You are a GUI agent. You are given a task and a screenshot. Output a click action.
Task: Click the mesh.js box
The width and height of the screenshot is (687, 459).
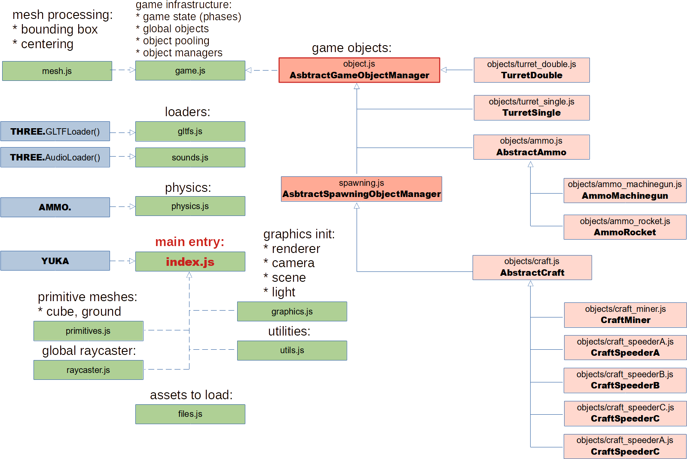click(57, 71)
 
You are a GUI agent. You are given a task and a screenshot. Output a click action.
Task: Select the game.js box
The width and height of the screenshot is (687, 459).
click(190, 71)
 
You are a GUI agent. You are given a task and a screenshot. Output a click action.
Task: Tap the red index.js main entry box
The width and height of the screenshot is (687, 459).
click(190, 262)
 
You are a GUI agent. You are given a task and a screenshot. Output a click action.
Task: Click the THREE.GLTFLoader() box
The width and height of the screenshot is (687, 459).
click(55, 131)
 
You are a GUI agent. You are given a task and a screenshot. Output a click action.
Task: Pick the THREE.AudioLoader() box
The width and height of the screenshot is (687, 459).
click(55, 157)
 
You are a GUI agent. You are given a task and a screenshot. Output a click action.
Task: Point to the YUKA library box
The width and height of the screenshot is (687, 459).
click(55, 261)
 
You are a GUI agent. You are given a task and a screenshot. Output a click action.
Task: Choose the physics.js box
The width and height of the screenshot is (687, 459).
click(190, 206)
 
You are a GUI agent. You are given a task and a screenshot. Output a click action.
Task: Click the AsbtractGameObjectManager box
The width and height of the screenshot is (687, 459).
click(359, 70)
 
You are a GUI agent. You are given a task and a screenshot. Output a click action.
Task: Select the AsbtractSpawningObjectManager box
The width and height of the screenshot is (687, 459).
click(361, 189)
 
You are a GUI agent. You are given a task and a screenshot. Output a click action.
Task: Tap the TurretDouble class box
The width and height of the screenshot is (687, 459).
click(531, 70)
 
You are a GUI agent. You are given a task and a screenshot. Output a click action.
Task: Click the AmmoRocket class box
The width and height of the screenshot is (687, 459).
click(625, 227)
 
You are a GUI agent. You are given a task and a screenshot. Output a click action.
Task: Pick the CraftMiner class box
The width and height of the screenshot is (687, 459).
click(625, 315)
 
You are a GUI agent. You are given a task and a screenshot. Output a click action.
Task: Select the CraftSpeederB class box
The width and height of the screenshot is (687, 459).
click(625, 380)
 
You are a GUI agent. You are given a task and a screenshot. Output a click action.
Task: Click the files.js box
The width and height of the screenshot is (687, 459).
click(190, 414)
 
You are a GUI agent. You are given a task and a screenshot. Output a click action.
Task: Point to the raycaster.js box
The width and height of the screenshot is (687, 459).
click(88, 370)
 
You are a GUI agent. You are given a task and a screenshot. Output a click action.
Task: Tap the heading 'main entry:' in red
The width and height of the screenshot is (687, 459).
click(189, 242)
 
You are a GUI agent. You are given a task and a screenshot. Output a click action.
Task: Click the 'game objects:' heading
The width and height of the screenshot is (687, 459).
click(351, 48)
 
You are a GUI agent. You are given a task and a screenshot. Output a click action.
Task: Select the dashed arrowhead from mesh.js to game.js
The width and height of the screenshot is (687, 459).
click(132, 70)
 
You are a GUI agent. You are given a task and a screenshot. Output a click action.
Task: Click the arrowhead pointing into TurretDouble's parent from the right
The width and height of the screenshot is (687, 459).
click(444, 70)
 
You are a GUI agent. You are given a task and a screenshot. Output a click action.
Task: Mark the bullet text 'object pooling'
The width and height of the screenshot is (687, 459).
click(176, 41)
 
